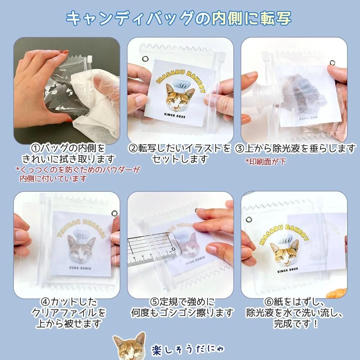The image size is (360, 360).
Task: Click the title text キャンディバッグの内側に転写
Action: pyautogui.click(x=179, y=19)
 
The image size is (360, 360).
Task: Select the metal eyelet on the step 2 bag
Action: pyautogui.click(x=145, y=59)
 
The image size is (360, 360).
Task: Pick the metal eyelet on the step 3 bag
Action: pyautogui.click(x=332, y=62)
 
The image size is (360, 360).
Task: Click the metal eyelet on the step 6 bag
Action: pyautogui.click(x=249, y=219)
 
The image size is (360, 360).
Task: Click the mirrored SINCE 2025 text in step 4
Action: pyautogui.click(x=80, y=268)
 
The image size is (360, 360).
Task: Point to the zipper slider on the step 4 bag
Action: pyautogui.click(x=43, y=198)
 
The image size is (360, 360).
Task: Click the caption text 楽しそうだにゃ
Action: pyautogui.click(x=187, y=349)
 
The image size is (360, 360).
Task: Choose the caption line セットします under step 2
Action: pyautogui.click(x=180, y=159)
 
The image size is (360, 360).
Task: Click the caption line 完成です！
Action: pyautogui.click(x=295, y=324)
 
